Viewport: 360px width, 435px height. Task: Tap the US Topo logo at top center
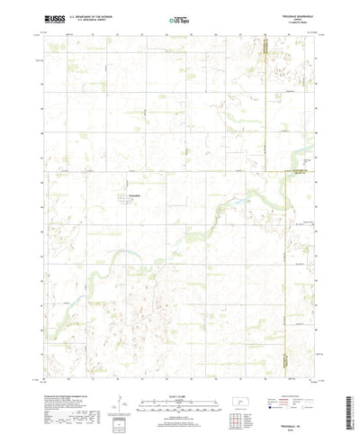pyautogui.click(x=179, y=18)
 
